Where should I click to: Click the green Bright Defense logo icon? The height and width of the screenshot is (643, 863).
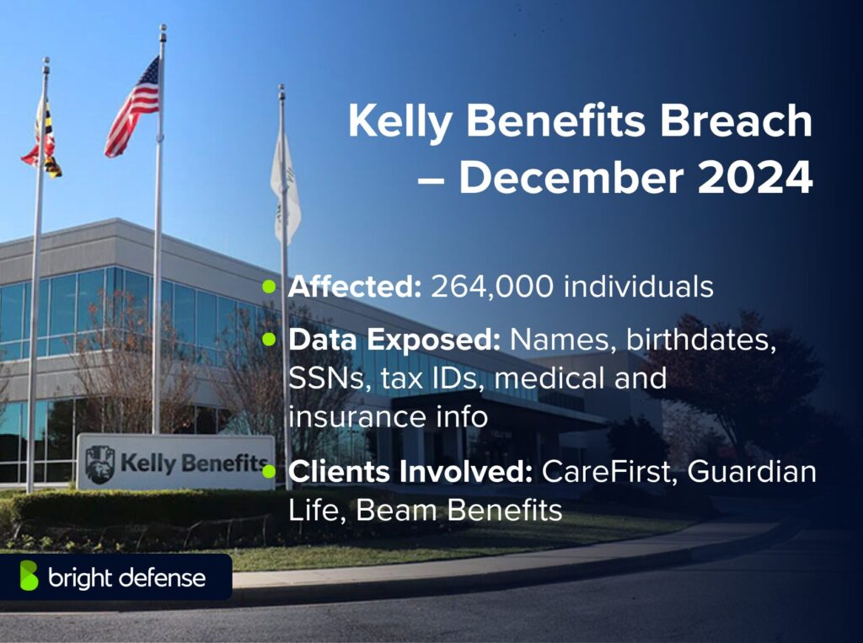click(x=29, y=576)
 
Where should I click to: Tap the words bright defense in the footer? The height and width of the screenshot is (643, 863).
click(x=126, y=577)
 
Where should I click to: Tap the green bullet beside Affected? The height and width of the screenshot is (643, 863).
click(x=269, y=287)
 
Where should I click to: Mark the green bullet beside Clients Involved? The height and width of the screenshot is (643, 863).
click(x=269, y=472)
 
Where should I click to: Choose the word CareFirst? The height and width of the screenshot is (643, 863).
click(x=608, y=472)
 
